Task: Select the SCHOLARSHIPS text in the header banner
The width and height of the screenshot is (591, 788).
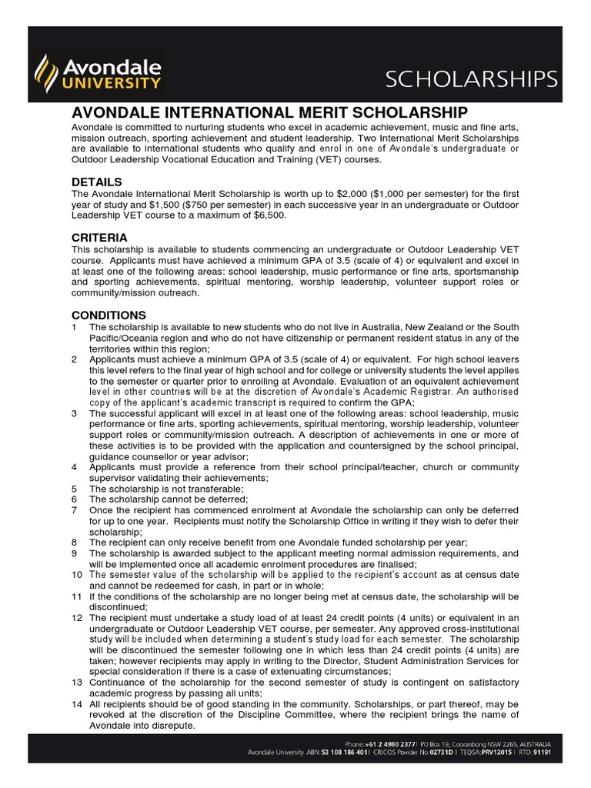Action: [x=482, y=78]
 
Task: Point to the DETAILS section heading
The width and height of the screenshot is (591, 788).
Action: [x=96, y=182]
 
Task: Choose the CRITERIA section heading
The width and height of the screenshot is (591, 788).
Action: [x=99, y=237]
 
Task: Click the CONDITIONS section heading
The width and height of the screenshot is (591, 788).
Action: [x=109, y=315]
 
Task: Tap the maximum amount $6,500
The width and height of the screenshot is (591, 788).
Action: [x=271, y=215]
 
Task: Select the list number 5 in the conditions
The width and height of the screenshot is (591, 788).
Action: [x=74, y=488]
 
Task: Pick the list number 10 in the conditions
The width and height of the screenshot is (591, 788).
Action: [x=76, y=575]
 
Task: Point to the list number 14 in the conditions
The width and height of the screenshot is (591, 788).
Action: [x=76, y=704]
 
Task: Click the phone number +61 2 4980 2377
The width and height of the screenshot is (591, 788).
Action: [x=391, y=745]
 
